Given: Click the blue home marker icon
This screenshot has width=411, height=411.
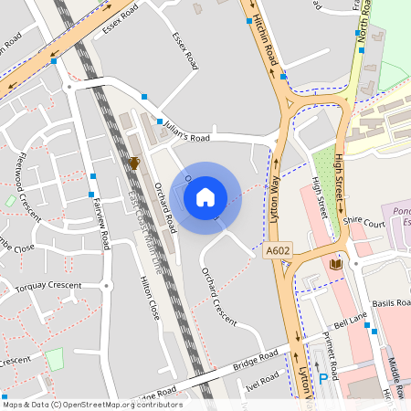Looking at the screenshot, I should tap(205, 197).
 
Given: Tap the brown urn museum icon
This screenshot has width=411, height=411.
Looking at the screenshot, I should tap(134, 163).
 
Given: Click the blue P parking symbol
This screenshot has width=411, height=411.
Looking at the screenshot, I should tap(322, 379).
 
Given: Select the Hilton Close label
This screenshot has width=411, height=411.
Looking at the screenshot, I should tap(148, 300).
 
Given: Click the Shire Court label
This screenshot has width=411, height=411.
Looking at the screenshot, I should tap(362, 222).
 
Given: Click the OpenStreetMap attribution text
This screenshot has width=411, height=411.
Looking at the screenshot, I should tap(91, 405).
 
